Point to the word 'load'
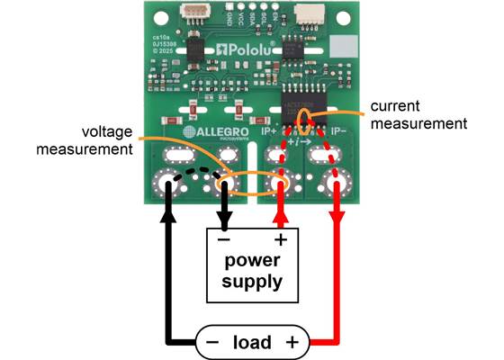[252, 342]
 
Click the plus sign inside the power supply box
[280, 239]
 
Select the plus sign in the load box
[292, 342]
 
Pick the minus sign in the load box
[212, 342]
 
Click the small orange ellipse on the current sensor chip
[306, 118]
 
